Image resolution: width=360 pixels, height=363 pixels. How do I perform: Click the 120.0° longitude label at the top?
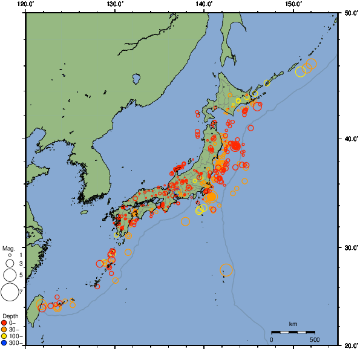point(25,4)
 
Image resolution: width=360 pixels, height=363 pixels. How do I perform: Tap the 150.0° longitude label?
point(293,4)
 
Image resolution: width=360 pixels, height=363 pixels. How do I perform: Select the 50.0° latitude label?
point(350,12)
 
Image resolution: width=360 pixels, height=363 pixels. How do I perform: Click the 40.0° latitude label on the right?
point(350,139)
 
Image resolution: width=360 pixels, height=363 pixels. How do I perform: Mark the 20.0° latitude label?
point(350,345)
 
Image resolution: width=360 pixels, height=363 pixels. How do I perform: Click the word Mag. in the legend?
point(8,248)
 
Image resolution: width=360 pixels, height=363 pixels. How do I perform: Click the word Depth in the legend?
point(10,316)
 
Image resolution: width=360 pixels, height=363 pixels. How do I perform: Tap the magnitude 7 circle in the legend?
point(10,292)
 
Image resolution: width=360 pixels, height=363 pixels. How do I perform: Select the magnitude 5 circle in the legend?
point(10,275)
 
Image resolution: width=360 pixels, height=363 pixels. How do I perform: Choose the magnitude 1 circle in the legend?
point(10,255)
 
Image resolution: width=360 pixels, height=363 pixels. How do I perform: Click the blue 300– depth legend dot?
point(5,343)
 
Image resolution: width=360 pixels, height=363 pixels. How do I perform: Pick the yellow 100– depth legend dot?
point(5,336)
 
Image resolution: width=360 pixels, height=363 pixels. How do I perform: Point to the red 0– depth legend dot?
point(5,322)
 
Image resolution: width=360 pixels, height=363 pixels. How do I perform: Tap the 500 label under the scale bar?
point(314,339)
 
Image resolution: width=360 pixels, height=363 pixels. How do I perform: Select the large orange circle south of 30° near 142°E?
point(226,270)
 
